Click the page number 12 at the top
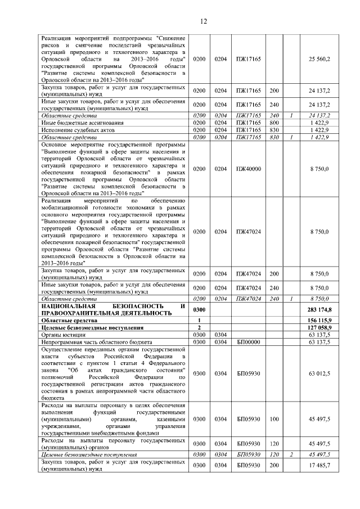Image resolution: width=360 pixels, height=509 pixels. [x=204, y=21]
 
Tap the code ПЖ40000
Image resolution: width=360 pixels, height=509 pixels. [x=248, y=168]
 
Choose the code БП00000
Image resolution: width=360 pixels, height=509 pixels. [x=248, y=342]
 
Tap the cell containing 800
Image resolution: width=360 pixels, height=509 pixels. [x=274, y=122]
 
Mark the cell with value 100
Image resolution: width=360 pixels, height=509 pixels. [x=274, y=419]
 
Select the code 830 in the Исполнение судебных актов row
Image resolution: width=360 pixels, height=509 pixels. [x=274, y=129]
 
